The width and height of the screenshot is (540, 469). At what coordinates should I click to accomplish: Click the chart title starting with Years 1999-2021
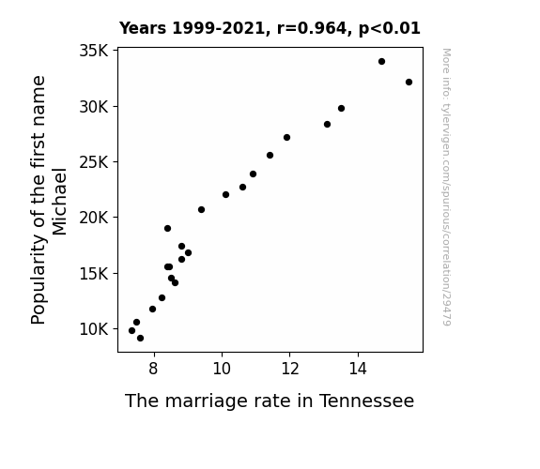270,28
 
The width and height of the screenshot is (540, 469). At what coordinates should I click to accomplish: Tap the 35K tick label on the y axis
94,51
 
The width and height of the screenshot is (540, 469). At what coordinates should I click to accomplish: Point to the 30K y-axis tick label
94,107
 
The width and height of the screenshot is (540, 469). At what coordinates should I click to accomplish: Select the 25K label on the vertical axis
94,162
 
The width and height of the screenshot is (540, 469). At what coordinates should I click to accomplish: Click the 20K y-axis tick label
94,218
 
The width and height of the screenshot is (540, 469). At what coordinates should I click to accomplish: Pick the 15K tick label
94,274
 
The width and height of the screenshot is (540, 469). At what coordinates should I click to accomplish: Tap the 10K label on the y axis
94,329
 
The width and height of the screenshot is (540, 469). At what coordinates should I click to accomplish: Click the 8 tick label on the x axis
154,369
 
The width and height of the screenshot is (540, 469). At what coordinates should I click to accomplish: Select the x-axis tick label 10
222,369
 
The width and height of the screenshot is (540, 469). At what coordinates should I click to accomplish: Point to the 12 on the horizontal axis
290,369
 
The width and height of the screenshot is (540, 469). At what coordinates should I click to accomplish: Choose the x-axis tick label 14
358,369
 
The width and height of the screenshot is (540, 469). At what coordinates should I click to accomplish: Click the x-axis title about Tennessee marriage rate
270,401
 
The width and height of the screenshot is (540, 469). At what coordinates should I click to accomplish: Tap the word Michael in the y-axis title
59,202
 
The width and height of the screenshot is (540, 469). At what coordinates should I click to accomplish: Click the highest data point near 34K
381,62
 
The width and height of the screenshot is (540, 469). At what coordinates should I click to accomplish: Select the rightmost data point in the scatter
409,83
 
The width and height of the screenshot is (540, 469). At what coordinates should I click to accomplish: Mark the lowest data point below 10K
140,339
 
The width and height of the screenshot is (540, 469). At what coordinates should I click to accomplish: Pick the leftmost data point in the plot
131,331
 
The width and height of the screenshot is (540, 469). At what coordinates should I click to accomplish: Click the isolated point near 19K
168,229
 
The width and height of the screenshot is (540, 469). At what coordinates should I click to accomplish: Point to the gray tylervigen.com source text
446,187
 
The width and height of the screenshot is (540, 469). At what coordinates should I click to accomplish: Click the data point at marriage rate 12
286,138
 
